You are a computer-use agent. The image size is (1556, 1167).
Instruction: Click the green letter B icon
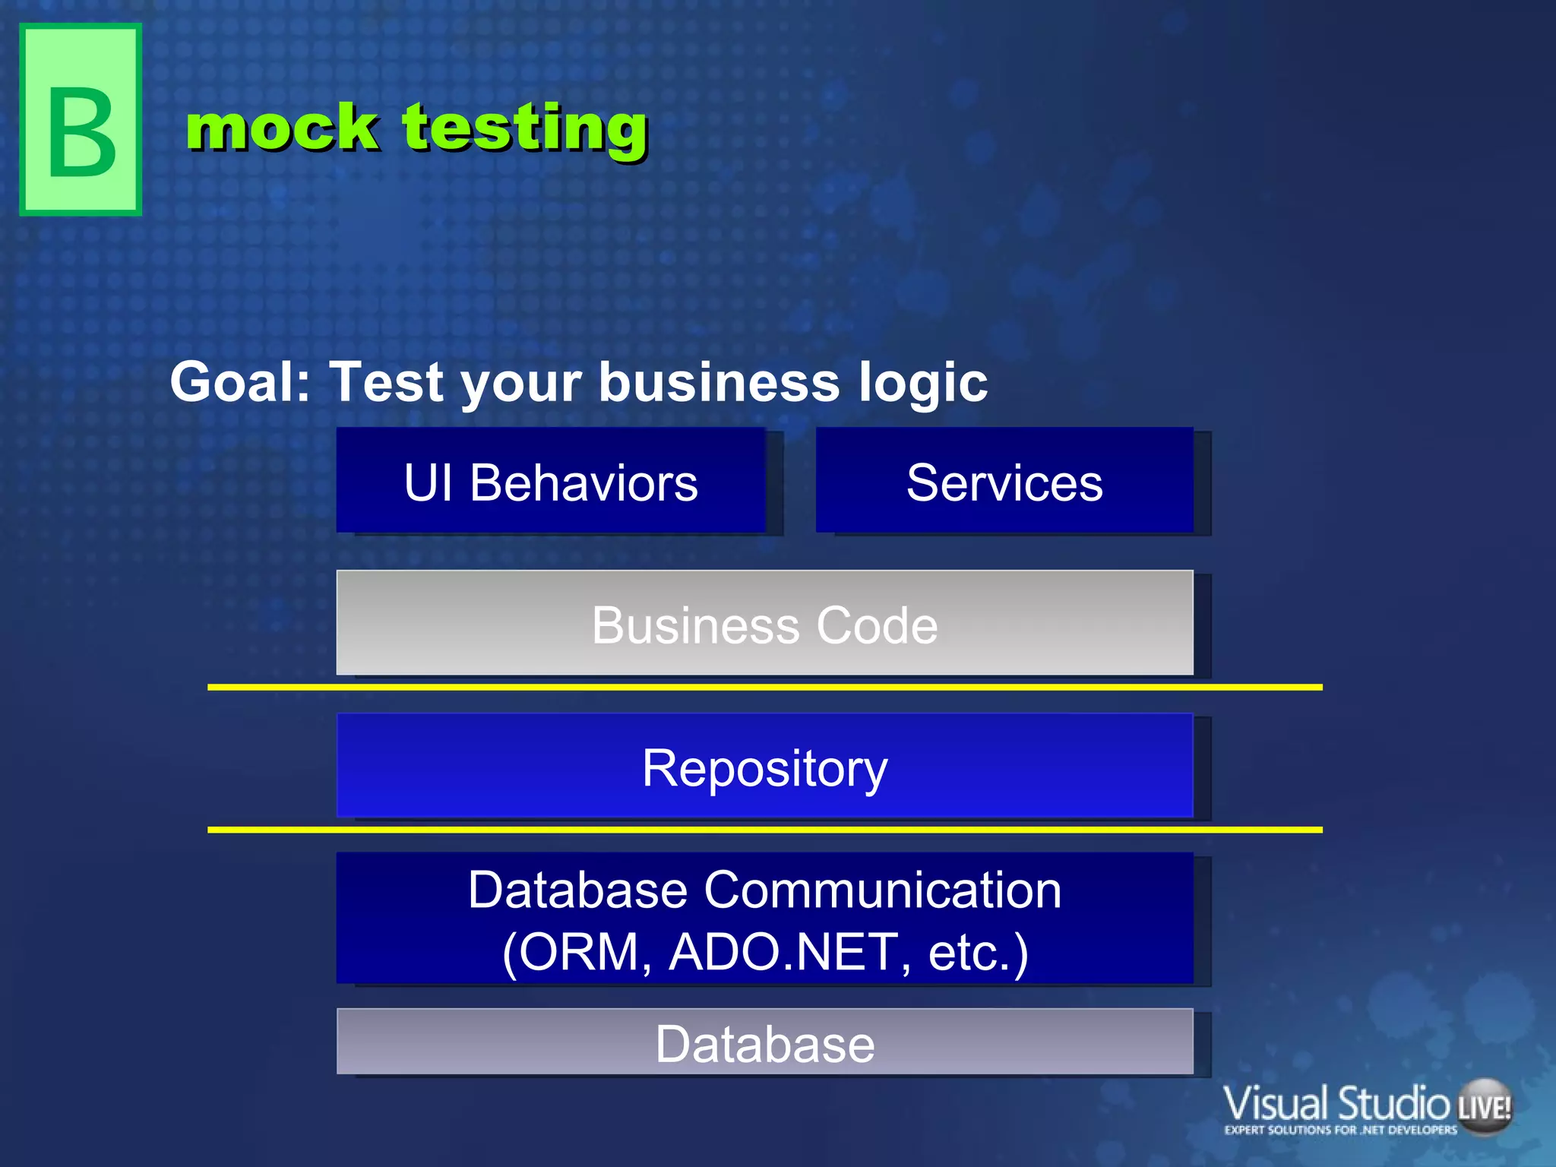[x=81, y=120]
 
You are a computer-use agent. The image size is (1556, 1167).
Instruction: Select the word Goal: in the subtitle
[x=240, y=381]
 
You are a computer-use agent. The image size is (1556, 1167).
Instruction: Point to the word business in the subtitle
[x=719, y=381]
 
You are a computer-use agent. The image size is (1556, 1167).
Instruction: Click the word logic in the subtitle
[x=923, y=383]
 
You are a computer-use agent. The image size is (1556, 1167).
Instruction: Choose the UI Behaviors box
[x=551, y=481]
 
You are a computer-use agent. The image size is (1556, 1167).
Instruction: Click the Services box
[x=1004, y=481]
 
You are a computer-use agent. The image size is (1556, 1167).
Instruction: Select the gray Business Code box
[x=764, y=624]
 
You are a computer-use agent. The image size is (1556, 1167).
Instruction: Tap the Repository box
[x=764, y=767]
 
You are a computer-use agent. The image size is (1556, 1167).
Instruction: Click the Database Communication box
[x=764, y=919]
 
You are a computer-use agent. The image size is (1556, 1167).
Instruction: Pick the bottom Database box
[x=764, y=1042]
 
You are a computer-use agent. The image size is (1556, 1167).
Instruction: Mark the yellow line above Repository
[x=764, y=687]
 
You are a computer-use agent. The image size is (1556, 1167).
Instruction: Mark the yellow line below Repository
[x=764, y=830]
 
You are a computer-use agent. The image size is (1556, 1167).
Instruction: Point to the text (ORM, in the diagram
[x=577, y=951]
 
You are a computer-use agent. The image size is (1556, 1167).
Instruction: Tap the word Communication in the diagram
[x=882, y=890]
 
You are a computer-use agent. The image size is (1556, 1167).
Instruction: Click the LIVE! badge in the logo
[x=1485, y=1107]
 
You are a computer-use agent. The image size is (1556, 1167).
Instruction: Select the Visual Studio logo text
[x=1336, y=1103]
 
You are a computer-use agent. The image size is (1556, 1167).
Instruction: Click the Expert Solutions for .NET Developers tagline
[x=1340, y=1130]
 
